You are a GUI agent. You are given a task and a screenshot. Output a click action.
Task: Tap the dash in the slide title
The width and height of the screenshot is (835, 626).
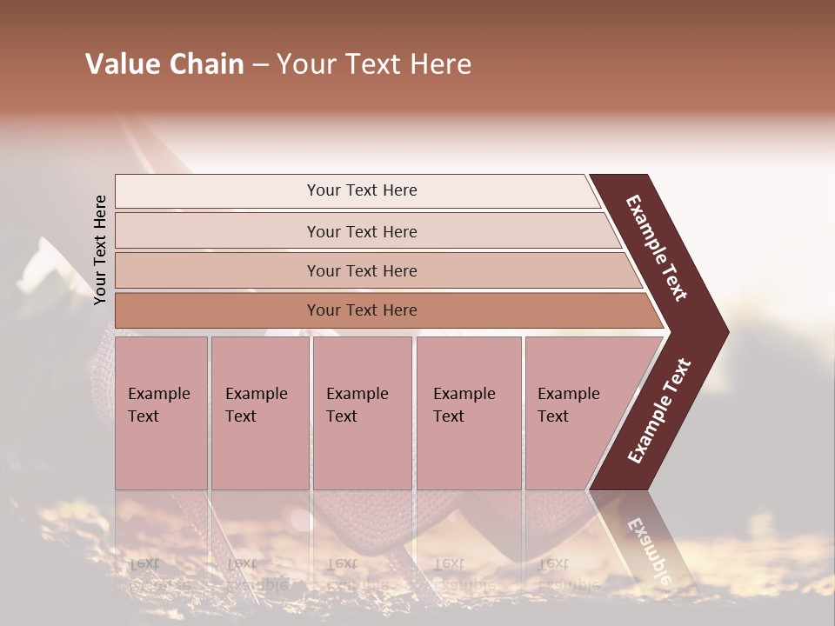tap(260, 65)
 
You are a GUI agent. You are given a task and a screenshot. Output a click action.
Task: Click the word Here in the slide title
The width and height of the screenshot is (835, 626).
tap(441, 64)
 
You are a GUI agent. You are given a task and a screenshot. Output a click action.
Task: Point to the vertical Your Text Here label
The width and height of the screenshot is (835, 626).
tap(100, 250)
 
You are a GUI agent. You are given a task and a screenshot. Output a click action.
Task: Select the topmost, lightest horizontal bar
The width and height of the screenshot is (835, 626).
tap(362, 190)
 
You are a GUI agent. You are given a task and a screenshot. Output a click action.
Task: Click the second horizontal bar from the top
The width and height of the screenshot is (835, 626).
tap(362, 231)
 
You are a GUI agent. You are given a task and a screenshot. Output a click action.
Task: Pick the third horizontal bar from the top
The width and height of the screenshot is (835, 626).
tap(362, 270)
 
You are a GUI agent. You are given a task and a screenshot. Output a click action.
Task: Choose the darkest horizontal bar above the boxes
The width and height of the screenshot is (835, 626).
tap(362, 310)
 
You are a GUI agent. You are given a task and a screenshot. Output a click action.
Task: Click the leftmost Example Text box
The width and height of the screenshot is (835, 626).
tap(161, 413)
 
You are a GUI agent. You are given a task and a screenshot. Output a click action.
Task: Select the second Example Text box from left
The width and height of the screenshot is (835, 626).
tap(259, 413)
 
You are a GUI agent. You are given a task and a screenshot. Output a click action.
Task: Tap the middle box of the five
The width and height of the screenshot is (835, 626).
tap(362, 413)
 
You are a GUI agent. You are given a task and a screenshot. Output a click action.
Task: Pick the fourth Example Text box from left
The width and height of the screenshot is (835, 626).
tap(468, 413)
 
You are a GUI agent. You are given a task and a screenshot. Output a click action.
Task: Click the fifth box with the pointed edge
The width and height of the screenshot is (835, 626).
tap(574, 413)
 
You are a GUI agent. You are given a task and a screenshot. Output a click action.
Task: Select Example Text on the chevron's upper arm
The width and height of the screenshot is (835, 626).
tap(657, 248)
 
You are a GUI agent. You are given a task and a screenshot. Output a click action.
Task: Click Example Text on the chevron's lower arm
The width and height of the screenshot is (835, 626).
tap(659, 411)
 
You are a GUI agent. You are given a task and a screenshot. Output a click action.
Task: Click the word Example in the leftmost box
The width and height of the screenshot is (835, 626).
tap(158, 394)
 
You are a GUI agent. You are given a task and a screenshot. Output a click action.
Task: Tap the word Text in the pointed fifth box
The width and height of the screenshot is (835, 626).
tap(552, 416)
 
